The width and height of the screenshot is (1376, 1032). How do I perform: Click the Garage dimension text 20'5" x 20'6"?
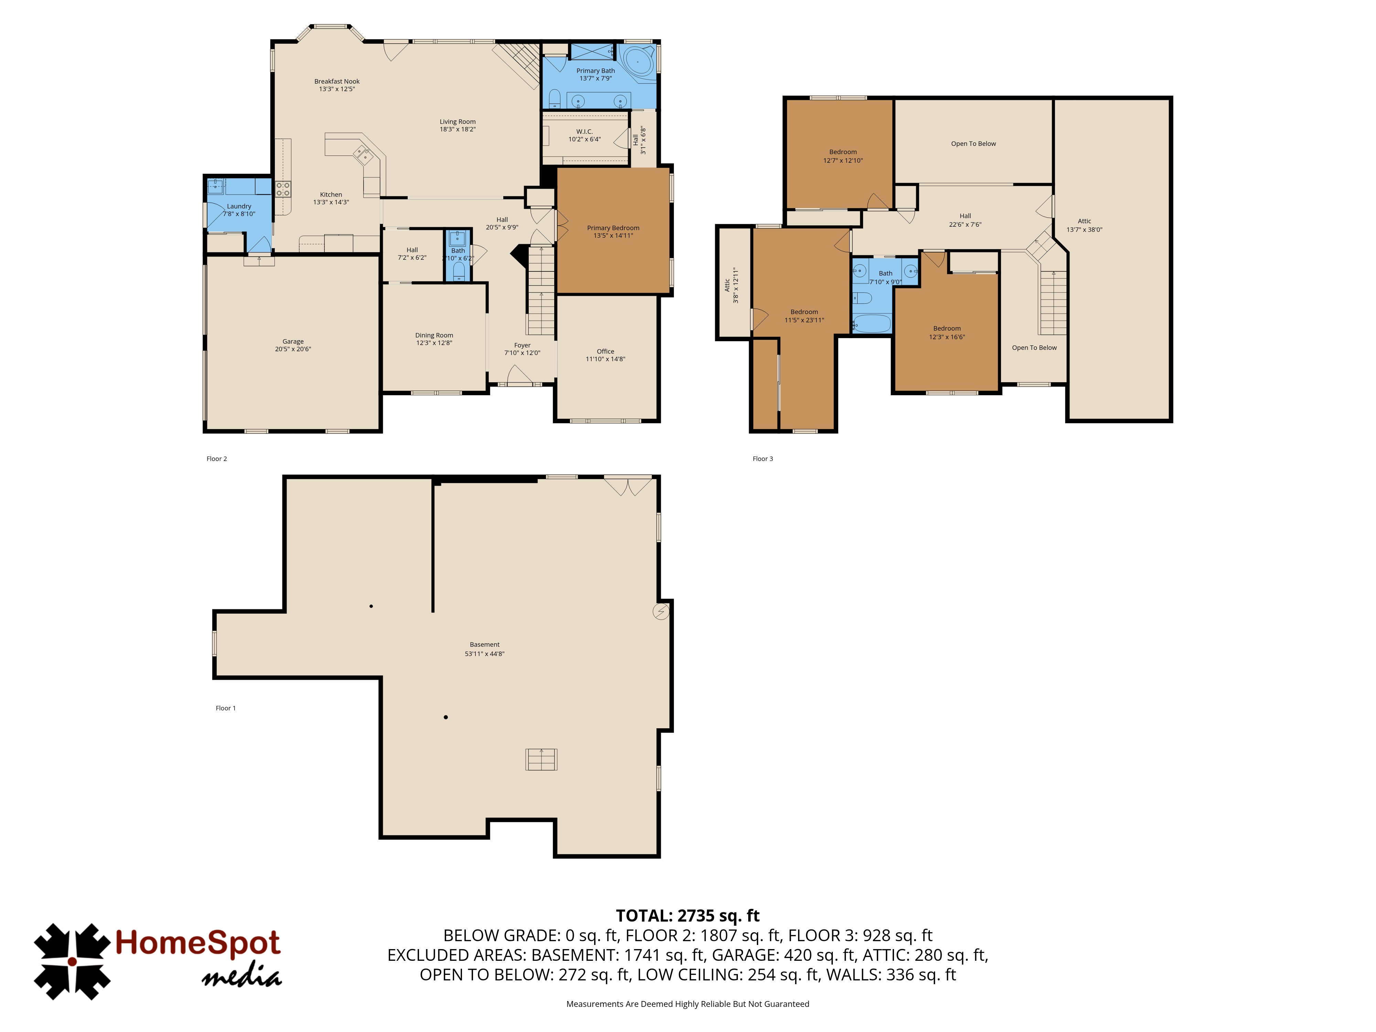coord(293,349)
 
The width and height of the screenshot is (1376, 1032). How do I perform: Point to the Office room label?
coord(605,352)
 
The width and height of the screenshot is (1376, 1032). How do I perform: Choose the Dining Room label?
coord(434,335)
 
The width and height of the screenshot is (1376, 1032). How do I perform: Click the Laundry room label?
coord(239,206)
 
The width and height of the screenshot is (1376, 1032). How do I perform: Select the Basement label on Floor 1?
coord(485,644)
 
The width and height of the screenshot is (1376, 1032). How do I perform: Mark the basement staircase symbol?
coord(541,759)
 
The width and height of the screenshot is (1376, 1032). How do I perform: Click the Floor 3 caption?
coord(763,459)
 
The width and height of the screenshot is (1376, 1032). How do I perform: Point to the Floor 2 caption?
coord(216,459)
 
